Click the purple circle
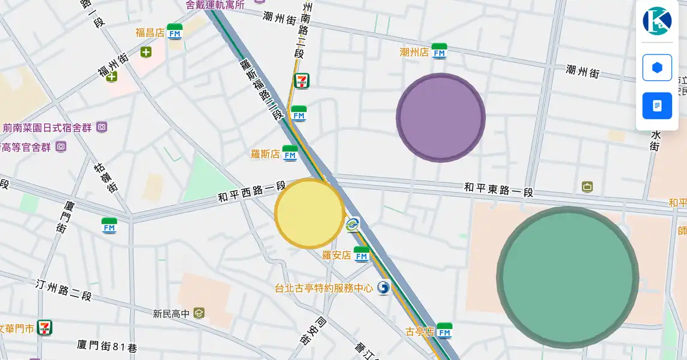(440, 118)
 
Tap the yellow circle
(309, 213)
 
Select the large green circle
(567, 277)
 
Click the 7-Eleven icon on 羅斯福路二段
(302, 81)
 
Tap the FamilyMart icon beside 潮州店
(439, 51)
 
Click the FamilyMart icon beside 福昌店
(175, 32)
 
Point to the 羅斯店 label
(265, 154)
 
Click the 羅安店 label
(336, 255)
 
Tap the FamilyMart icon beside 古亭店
(444, 331)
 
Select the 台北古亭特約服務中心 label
(324, 288)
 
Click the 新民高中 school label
(171, 313)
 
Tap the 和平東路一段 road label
(498, 190)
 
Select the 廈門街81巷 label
(107, 346)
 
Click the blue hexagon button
(657, 68)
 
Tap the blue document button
(657, 106)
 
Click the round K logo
(657, 21)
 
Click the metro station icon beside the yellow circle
(352, 225)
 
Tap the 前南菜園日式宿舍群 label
(47, 127)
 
